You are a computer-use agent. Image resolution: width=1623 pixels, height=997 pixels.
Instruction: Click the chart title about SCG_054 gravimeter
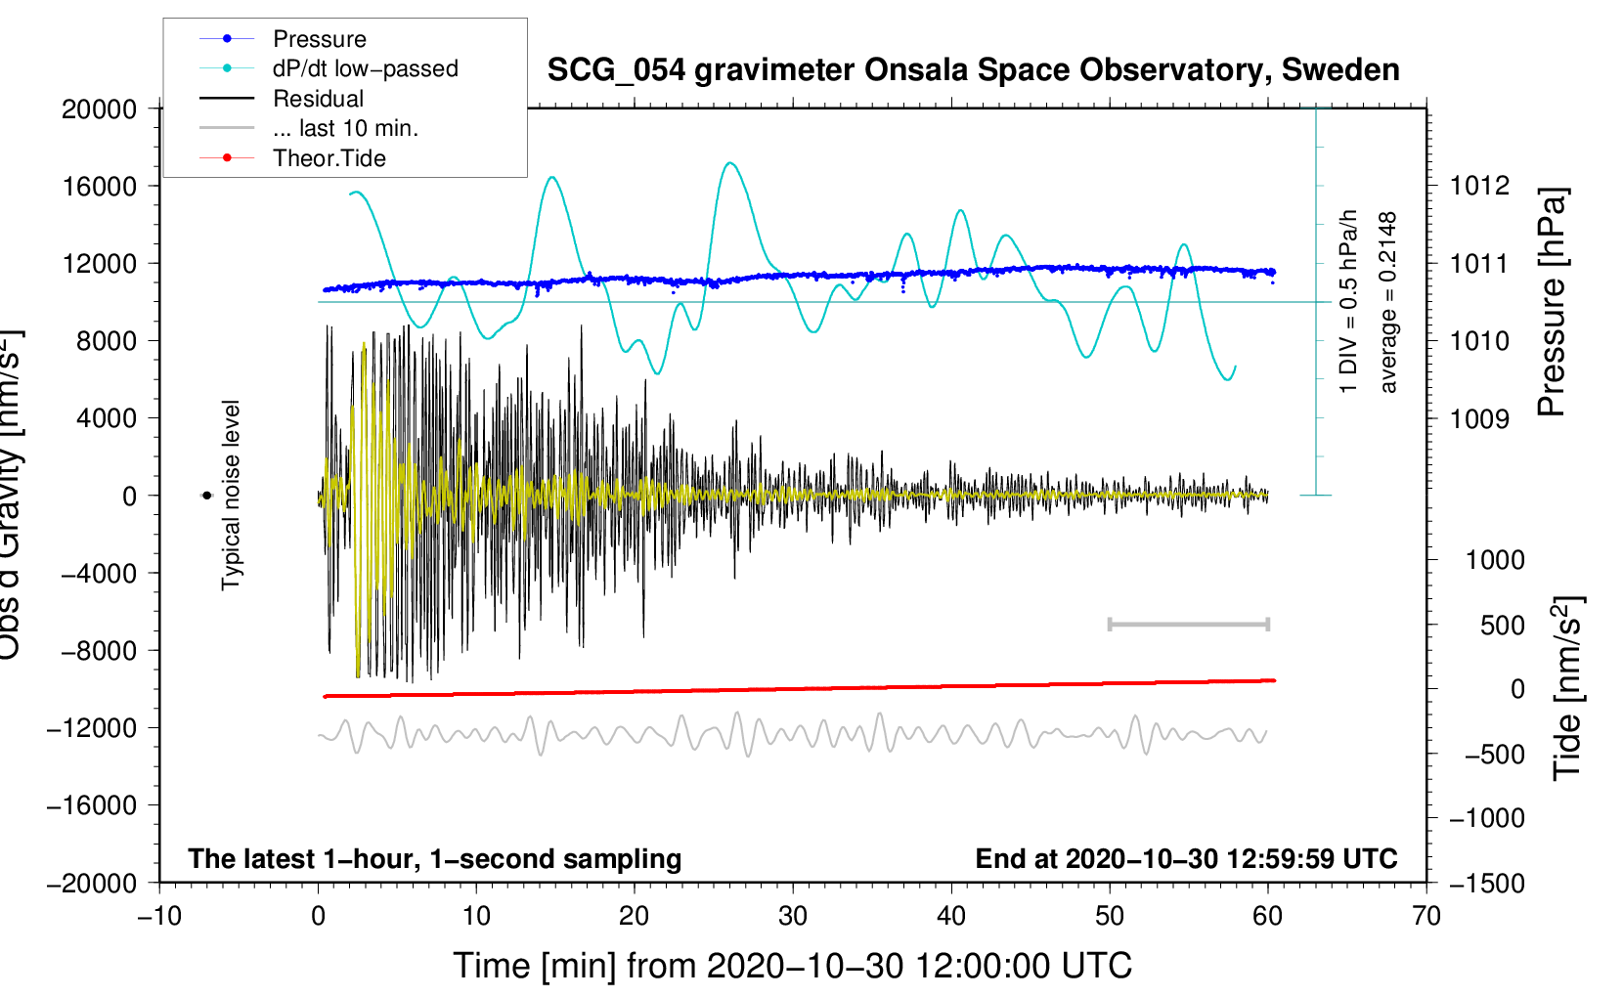[x=973, y=70]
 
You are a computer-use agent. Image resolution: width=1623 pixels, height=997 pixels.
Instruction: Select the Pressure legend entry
[x=319, y=39]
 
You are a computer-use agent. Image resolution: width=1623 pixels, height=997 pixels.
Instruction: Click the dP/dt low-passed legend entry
[x=365, y=68]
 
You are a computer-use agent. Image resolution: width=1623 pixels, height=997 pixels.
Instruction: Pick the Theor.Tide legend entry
[x=329, y=158]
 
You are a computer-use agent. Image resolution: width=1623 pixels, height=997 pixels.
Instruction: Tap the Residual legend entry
[x=318, y=99]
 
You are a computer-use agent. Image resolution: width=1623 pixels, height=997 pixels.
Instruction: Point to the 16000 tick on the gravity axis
[x=100, y=186]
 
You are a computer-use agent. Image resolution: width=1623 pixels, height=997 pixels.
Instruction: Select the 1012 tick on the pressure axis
[x=1479, y=186]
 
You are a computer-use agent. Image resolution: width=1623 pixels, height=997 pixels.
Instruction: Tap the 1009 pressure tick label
[x=1479, y=419]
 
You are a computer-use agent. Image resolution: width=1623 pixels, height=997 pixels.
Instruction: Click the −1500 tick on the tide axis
[x=1486, y=884]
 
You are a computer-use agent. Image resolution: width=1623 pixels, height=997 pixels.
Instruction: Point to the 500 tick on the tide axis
[x=1502, y=626]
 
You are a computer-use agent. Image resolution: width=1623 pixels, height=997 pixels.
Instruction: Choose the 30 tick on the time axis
[x=793, y=917]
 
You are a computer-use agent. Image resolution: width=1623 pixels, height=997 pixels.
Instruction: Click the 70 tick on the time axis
[x=1426, y=917]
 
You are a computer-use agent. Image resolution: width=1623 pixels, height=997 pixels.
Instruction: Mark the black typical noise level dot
[x=206, y=496]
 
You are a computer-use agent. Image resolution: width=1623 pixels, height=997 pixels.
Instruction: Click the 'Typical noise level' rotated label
[x=231, y=496]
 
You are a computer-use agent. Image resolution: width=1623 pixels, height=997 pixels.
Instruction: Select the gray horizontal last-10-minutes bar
[x=1188, y=625]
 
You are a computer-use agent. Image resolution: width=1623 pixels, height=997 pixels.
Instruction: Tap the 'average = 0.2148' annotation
[x=1388, y=303]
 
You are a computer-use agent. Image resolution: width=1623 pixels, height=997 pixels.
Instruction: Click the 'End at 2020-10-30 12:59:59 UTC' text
[x=1186, y=859]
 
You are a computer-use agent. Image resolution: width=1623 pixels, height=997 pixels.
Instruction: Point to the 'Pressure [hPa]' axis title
[x=1552, y=303]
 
